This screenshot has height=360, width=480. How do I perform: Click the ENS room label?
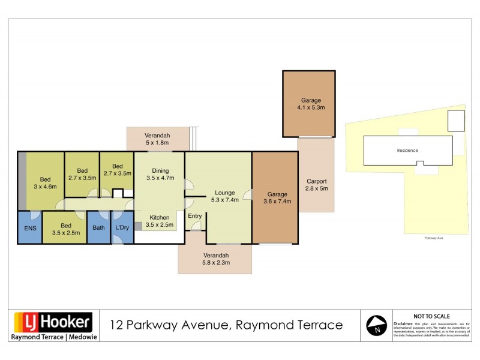(29, 228)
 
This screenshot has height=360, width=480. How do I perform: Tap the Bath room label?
(99, 228)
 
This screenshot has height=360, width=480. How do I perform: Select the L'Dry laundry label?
(122, 228)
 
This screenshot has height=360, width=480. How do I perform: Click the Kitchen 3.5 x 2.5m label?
(160, 221)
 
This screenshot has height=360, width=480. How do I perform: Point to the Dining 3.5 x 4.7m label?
(160, 175)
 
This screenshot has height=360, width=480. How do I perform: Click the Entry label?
(195, 216)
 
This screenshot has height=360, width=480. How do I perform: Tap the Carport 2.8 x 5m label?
(316, 185)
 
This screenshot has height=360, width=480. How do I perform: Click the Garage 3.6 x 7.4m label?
(277, 198)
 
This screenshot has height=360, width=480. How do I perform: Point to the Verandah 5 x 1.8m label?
(157, 139)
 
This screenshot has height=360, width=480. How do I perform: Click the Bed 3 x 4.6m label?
(45, 183)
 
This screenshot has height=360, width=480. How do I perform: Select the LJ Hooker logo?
(52, 322)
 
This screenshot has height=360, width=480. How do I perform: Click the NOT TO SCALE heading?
(432, 316)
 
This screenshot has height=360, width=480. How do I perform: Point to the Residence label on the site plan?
(407, 150)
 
